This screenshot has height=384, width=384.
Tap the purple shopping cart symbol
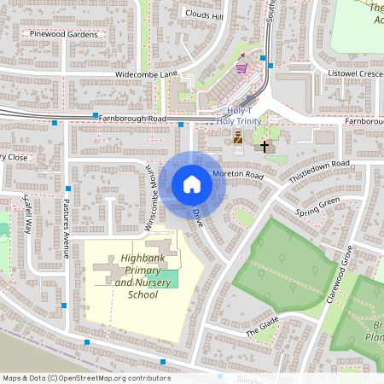click(x=241, y=67)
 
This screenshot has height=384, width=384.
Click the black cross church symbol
click(x=264, y=147)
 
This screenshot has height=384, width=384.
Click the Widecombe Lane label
click(x=147, y=75)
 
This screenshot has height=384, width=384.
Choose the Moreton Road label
click(x=241, y=174)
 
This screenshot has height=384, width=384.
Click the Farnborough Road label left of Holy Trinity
click(x=132, y=118)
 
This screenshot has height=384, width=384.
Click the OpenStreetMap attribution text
click(x=85, y=378)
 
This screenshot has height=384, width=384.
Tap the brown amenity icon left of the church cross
click(x=238, y=137)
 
